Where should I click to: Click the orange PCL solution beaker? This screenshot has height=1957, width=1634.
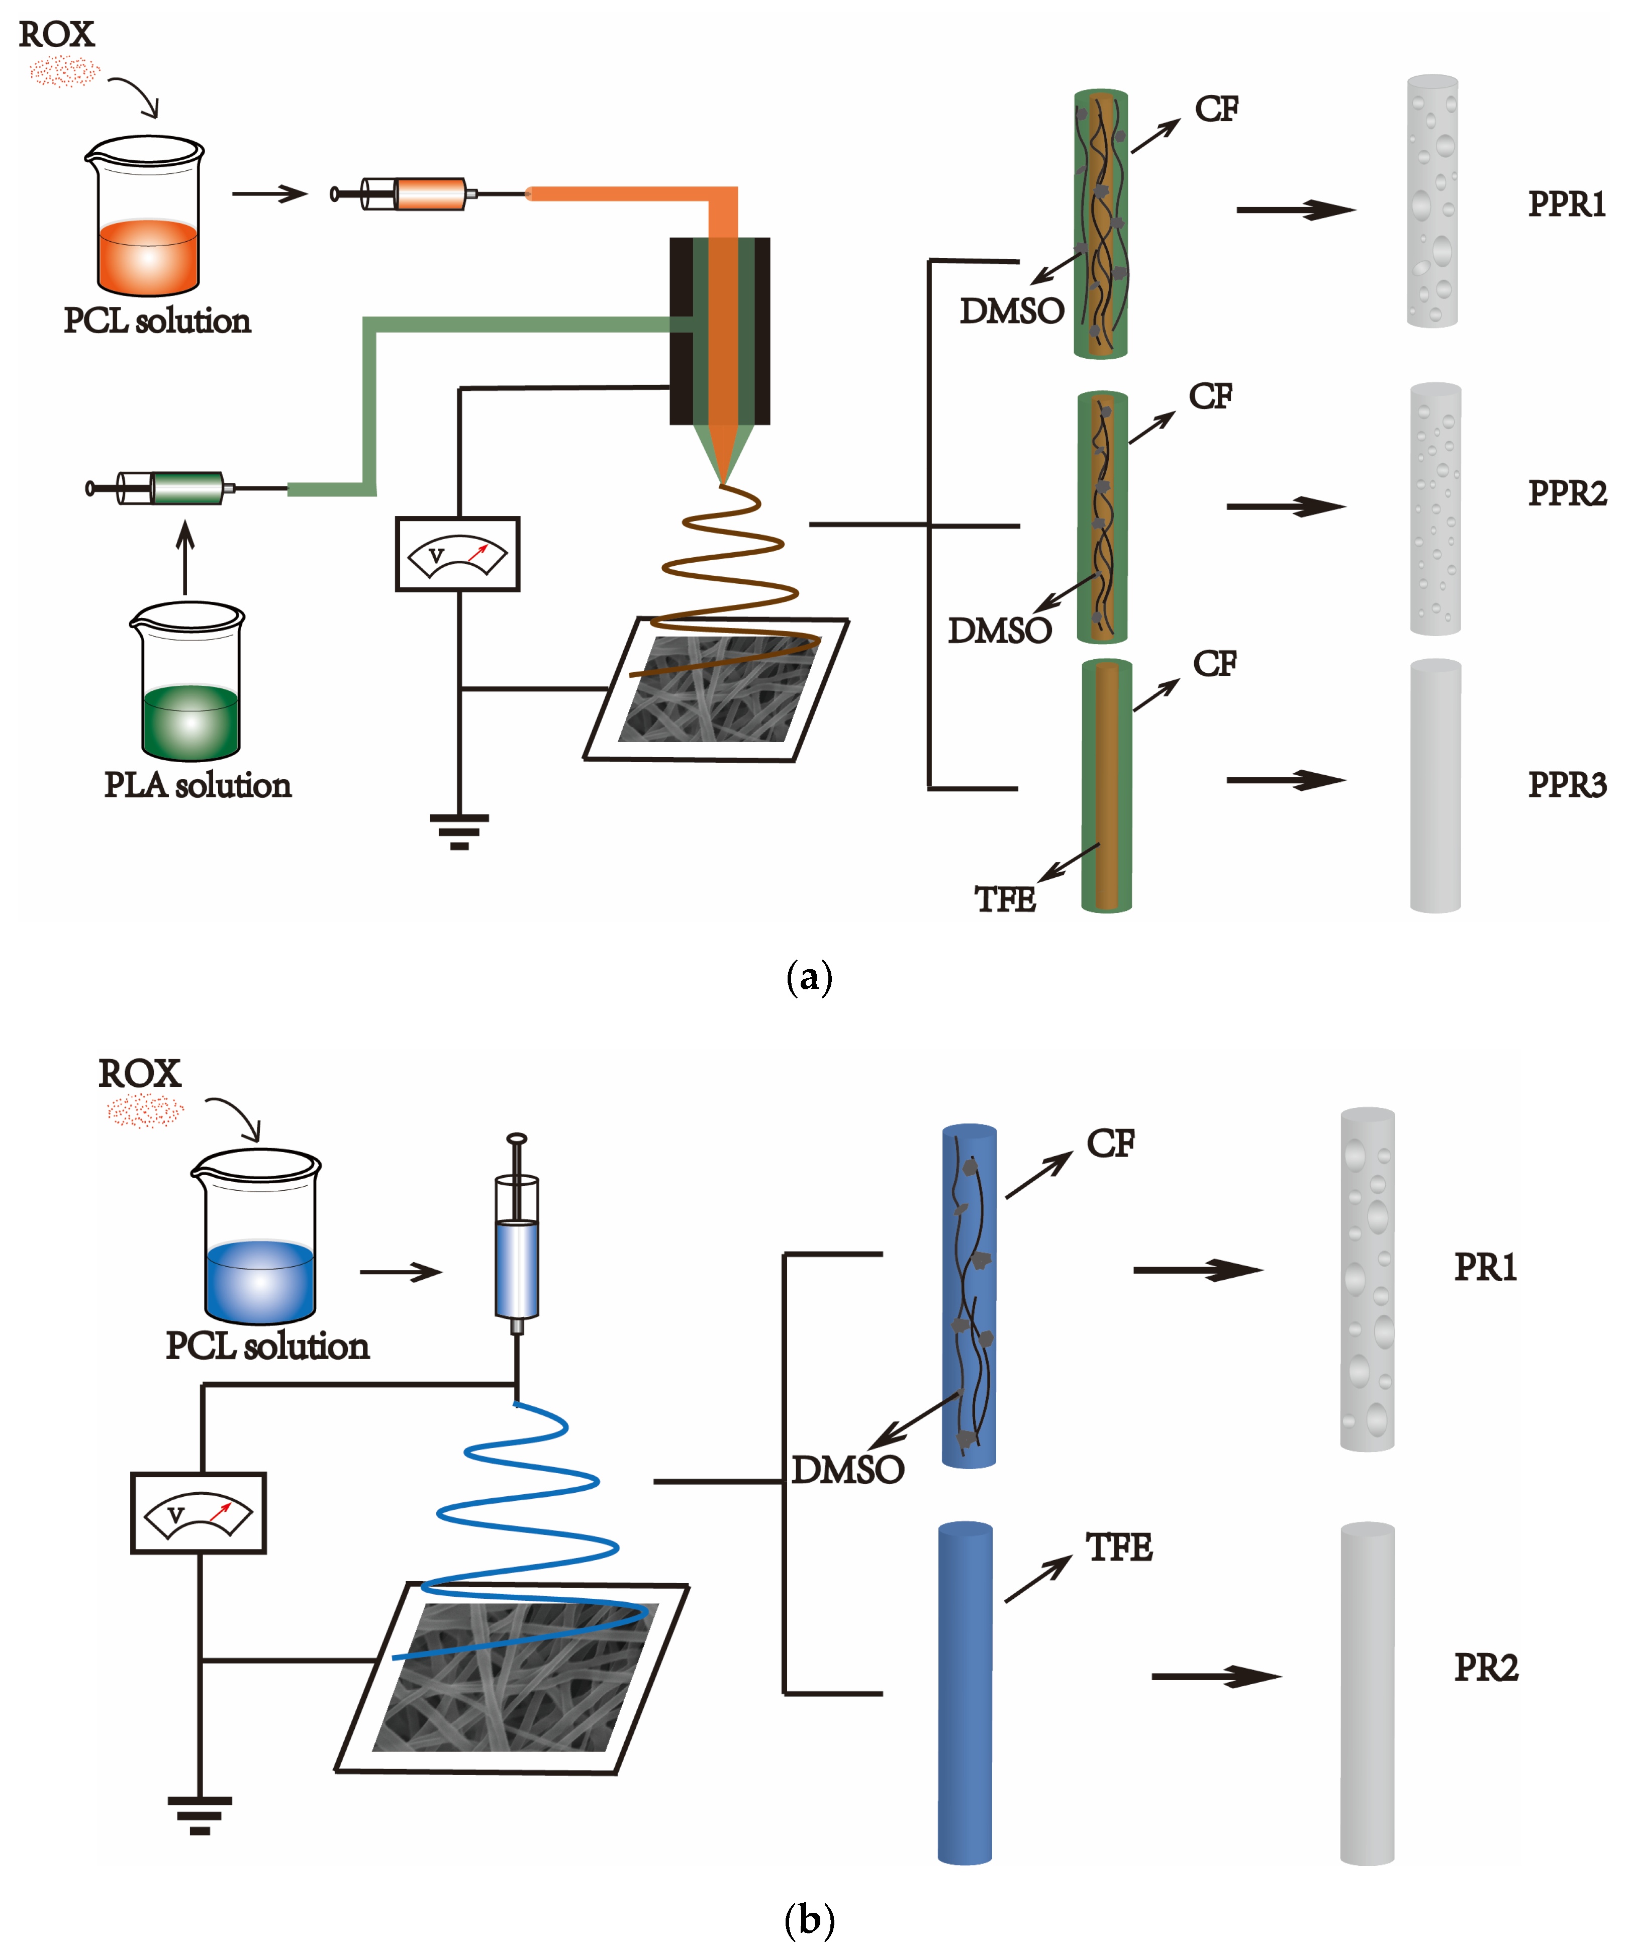click(x=147, y=219)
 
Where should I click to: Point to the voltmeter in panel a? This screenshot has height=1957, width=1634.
click(x=457, y=555)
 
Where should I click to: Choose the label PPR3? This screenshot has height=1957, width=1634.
click(x=1566, y=785)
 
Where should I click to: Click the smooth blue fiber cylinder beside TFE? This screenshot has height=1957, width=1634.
click(x=965, y=1691)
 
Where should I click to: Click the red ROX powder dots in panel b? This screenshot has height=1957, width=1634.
click(x=144, y=1111)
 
